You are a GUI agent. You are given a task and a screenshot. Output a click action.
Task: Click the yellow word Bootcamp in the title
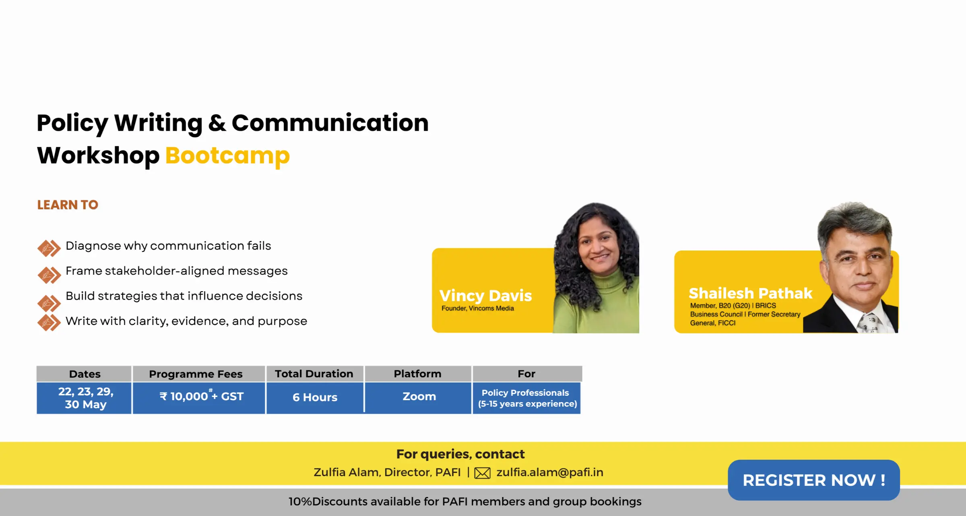click(227, 156)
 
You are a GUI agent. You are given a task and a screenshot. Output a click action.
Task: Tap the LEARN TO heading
click(68, 205)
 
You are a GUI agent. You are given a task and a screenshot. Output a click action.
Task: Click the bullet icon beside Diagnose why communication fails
click(49, 248)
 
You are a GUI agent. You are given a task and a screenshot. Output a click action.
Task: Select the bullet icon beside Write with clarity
click(49, 323)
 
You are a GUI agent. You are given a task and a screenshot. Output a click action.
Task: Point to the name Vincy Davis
click(485, 296)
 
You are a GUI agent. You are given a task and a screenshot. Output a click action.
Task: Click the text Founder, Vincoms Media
click(478, 308)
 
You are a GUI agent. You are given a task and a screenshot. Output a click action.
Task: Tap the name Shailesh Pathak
click(750, 293)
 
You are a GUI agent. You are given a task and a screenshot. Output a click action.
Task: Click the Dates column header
click(84, 374)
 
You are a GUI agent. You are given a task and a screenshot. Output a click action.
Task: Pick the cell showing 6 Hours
click(315, 398)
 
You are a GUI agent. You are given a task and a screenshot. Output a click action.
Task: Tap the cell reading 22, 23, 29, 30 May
click(84, 398)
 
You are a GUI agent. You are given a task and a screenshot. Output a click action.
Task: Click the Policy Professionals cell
click(527, 398)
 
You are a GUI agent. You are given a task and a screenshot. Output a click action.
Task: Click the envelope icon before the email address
click(482, 473)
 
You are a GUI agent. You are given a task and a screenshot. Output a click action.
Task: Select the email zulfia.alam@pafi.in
click(550, 472)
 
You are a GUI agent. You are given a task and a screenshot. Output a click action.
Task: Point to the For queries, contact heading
click(460, 454)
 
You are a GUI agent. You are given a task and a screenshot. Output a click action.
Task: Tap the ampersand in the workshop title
click(217, 123)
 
